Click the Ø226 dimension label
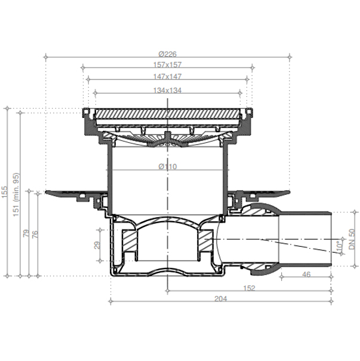point(168,54)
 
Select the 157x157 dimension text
point(168,65)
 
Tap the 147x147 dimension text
point(168,77)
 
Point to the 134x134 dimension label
point(168,90)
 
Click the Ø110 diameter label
point(168,167)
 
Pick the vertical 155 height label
point(5,192)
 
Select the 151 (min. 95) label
point(16,194)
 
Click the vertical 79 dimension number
point(26,233)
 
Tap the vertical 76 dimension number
point(35,234)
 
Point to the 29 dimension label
point(97,245)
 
